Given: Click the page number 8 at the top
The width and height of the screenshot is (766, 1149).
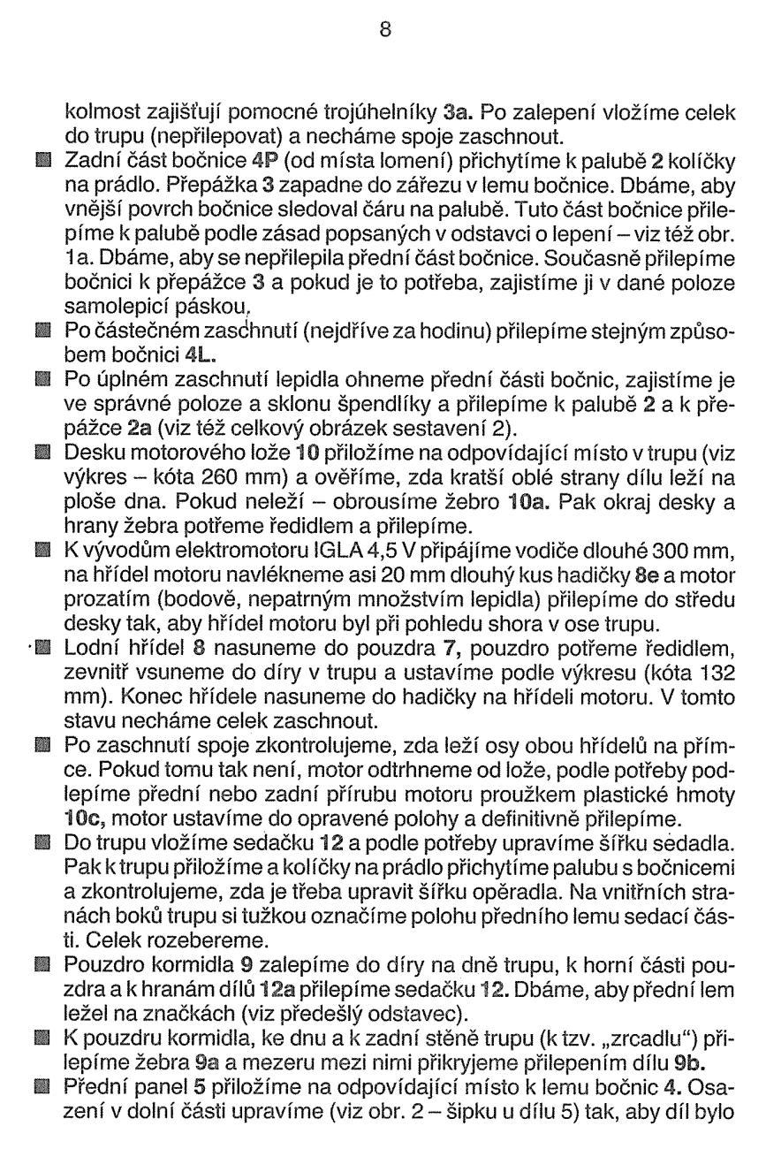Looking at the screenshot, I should [383, 29].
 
